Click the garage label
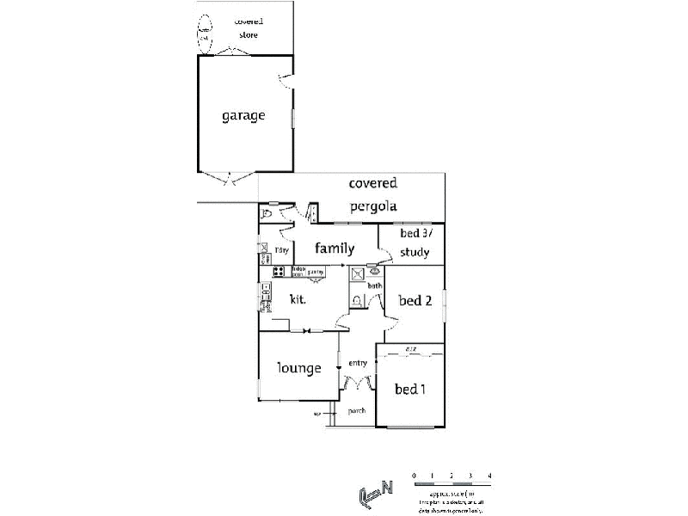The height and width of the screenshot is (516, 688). coord(243,115)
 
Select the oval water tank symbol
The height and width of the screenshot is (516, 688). coord(206,32)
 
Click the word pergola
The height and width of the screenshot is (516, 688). coord(372,206)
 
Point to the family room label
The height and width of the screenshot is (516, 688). coord(335,249)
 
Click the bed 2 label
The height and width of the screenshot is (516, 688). coord(415,300)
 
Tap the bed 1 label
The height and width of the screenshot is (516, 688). coord(410,389)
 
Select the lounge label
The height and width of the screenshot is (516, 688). coord(299,368)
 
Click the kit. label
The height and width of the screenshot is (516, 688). coord(298,300)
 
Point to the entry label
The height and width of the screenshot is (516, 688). coord(358,363)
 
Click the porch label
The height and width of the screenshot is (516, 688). coord(357,411)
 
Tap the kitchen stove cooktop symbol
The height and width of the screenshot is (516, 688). coord(278,272)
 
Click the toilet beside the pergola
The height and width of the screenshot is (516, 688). coord(267,212)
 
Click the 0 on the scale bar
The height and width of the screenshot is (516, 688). coord(414,476)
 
